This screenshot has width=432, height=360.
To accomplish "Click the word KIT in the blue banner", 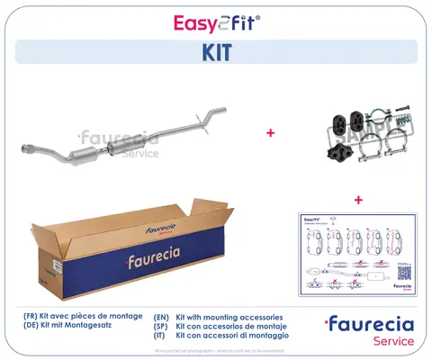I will coord(216,53).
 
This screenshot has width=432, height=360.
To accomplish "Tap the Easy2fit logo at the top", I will coord(216,20).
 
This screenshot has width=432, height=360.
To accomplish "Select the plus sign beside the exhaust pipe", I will coord(269,132).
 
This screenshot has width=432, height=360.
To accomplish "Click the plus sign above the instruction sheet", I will coord(358,199).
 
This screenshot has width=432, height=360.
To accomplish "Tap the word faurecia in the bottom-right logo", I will coord(373,324).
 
